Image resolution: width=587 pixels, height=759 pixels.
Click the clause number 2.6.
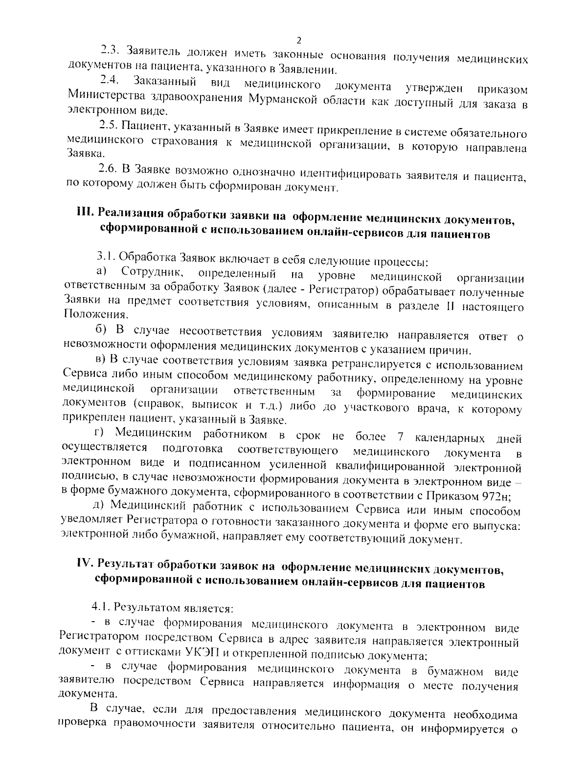click(x=108, y=169)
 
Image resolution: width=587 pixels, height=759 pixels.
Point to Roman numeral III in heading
click(x=85, y=213)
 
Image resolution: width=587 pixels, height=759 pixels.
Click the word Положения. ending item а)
click(x=90, y=314)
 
